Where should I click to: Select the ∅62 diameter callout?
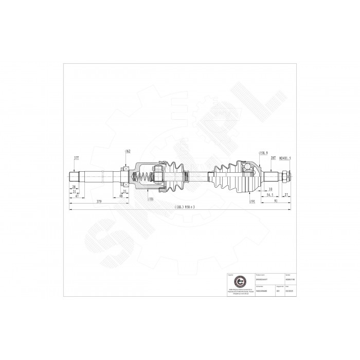point(127,151)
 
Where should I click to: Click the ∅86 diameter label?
point(151,199)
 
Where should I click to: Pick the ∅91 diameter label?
point(253,202)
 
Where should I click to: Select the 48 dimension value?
point(122,196)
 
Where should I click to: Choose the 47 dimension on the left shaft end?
point(77,196)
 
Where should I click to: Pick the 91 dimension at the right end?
point(277,202)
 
